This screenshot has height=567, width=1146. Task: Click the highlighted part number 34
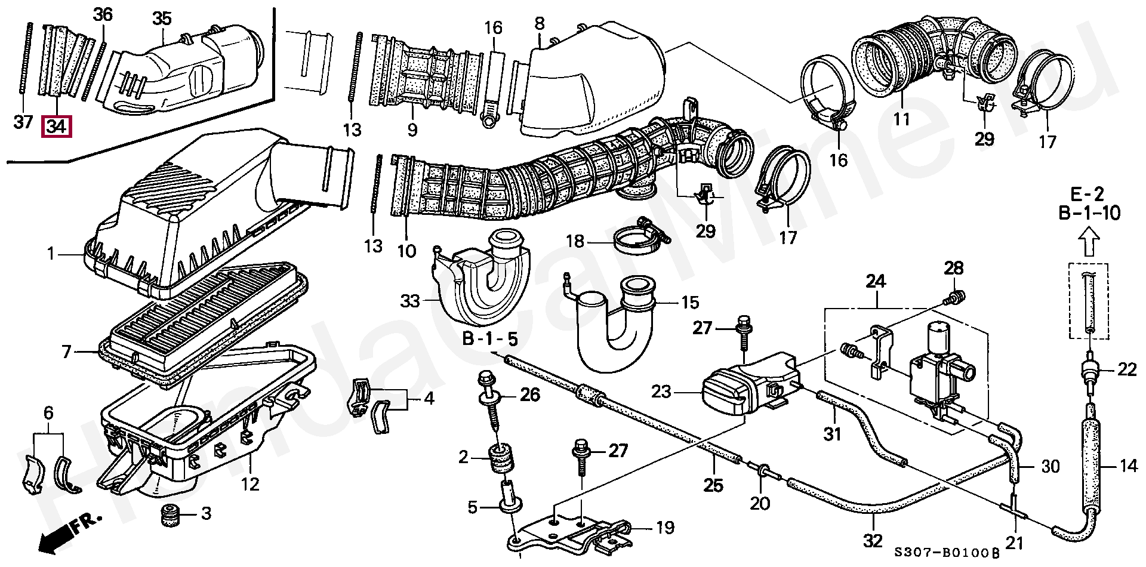coord(56,127)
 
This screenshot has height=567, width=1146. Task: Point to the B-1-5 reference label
coord(490,339)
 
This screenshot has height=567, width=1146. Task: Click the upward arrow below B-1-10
coord(1090,244)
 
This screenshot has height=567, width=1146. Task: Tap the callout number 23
coord(661,392)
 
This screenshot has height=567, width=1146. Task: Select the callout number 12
coord(250,484)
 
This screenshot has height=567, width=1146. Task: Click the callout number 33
coord(410,301)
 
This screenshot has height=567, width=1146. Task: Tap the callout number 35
coord(162,19)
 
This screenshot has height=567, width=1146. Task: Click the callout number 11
coord(901,119)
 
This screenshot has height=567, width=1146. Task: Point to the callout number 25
coord(713,485)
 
